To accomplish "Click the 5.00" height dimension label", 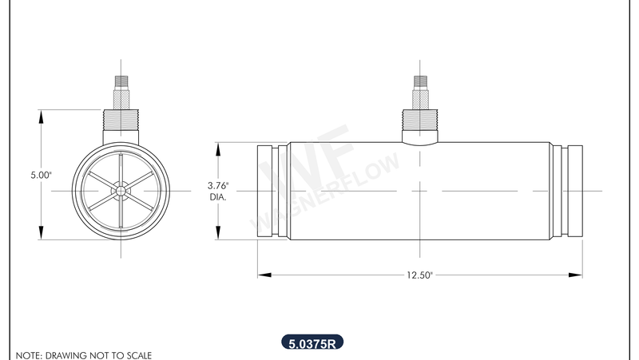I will point(41,174).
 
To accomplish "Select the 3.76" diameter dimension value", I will point(217,184).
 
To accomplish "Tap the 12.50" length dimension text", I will point(419,275).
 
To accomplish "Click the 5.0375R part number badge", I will point(312,344).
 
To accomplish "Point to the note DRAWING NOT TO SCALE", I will point(83,354).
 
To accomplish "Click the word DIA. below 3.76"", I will point(218,196).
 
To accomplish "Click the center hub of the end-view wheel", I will point(120,190).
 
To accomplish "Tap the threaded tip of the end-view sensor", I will point(121,81).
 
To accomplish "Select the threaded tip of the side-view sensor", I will point(419,81).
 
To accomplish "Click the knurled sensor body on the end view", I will point(121,98).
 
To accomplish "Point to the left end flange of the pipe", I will point(272,191).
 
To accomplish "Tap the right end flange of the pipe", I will point(568,191).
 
